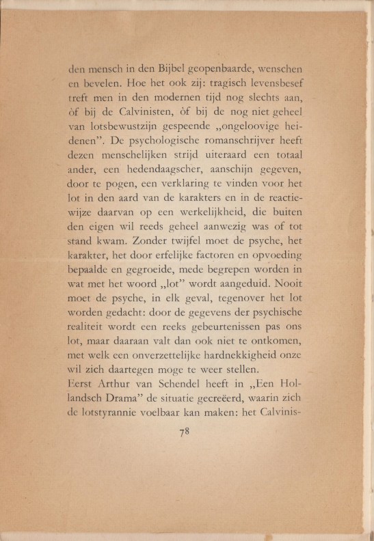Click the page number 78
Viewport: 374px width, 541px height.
[x=183, y=431]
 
